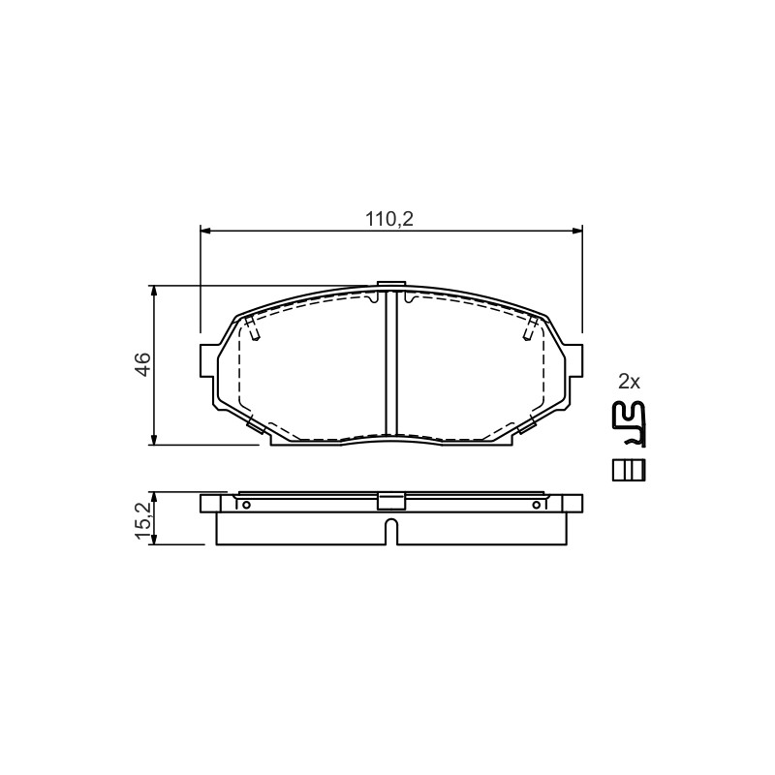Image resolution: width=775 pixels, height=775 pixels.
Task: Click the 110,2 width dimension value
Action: pos(389,219)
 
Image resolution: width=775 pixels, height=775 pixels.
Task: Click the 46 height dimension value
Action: pos(142,364)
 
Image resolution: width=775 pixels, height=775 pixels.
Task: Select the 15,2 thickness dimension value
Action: pos(142,518)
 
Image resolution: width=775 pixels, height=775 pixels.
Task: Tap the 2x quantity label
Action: pos(629,382)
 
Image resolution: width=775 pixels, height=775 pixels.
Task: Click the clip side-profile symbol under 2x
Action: pos(628,424)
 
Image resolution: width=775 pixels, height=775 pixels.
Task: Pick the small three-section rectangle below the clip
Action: pos(629,470)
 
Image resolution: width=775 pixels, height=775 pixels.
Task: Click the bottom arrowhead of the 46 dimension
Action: pos(155,440)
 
